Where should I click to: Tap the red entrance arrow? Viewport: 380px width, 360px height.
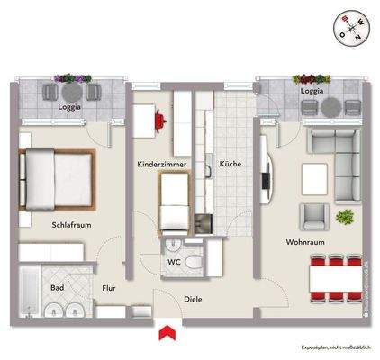(164, 332)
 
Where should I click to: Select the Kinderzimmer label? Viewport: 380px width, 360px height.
(160, 166)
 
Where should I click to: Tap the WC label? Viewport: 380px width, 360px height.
(175, 263)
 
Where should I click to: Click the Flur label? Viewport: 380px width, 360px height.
(109, 289)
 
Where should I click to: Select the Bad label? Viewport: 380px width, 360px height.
(56, 289)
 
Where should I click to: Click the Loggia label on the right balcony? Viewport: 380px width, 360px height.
(310, 90)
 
